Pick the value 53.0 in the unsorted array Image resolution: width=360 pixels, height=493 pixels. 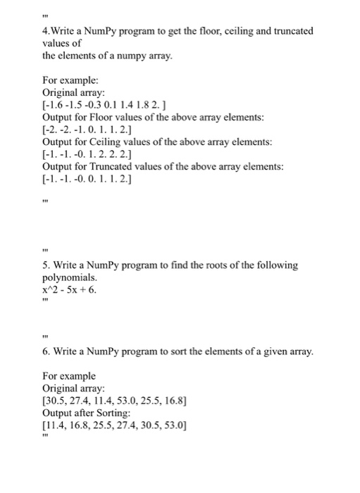(x=141, y=401)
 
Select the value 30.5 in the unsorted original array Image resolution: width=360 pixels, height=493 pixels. (x=58, y=401)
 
